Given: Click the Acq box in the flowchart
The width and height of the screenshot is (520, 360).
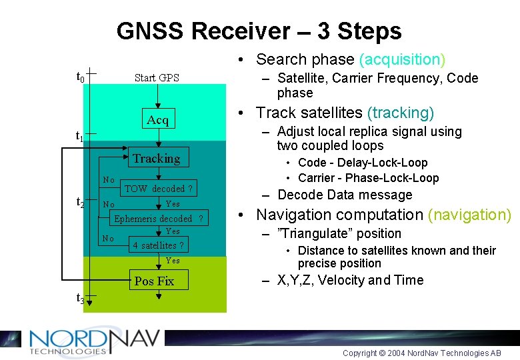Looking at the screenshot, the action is [157, 120].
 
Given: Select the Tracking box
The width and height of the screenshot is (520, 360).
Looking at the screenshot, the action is [156, 159].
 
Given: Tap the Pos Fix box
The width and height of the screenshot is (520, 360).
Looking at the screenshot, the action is [154, 281].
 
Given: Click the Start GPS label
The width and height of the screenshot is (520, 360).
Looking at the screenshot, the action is [157, 78].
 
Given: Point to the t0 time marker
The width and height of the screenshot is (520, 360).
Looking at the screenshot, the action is [80, 77].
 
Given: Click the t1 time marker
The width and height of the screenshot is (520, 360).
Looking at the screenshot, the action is [79, 137].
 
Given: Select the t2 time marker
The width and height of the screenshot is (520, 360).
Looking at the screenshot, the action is [80, 202].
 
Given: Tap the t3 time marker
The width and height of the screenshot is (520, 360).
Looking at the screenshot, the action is [80, 299].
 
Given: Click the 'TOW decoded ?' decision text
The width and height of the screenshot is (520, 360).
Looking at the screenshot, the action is [159, 189].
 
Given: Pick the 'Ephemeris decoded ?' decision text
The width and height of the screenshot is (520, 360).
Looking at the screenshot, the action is [158, 219].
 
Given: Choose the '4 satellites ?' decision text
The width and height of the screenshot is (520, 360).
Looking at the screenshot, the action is [158, 245].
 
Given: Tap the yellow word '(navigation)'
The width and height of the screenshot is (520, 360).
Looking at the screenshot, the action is [469, 215].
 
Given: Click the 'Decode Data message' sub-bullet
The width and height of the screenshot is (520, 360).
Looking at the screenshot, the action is [345, 195].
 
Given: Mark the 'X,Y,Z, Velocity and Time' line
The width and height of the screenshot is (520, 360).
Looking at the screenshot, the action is [350, 280].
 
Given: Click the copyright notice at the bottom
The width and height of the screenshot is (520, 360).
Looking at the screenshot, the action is [421, 353].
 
